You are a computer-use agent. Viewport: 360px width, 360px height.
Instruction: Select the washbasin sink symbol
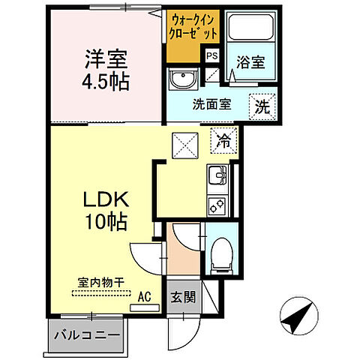pos(181,80)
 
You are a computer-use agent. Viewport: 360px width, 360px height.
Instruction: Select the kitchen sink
pos(217,177)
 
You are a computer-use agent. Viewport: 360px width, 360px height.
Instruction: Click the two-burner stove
pos(217,203)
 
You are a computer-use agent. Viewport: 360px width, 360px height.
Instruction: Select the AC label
pos(144,296)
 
